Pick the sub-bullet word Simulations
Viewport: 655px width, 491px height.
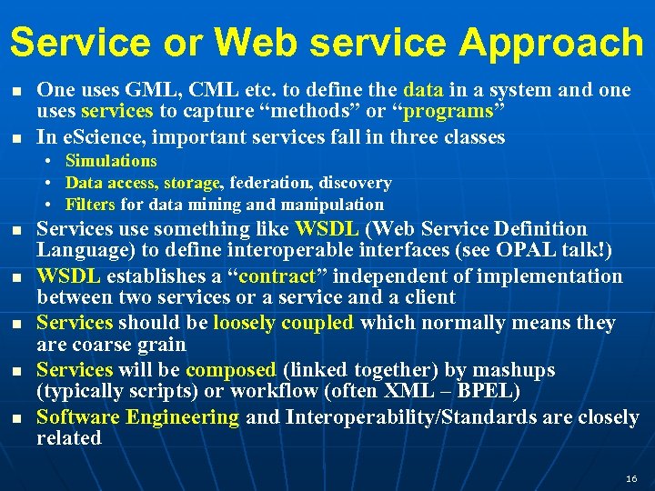click(x=111, y=161)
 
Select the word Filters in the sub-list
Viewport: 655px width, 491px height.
click(x=89, y=205)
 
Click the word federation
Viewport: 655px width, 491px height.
click(x=270, y=183)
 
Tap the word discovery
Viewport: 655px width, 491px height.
click(x=355, y=183)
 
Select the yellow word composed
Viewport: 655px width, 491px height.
click(x=231, y=370)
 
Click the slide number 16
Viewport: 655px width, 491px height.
click(x=632, y=478)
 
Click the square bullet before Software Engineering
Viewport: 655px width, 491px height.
click(x=17, y=418)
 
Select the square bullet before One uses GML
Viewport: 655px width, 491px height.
click(x=17, y=91)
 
